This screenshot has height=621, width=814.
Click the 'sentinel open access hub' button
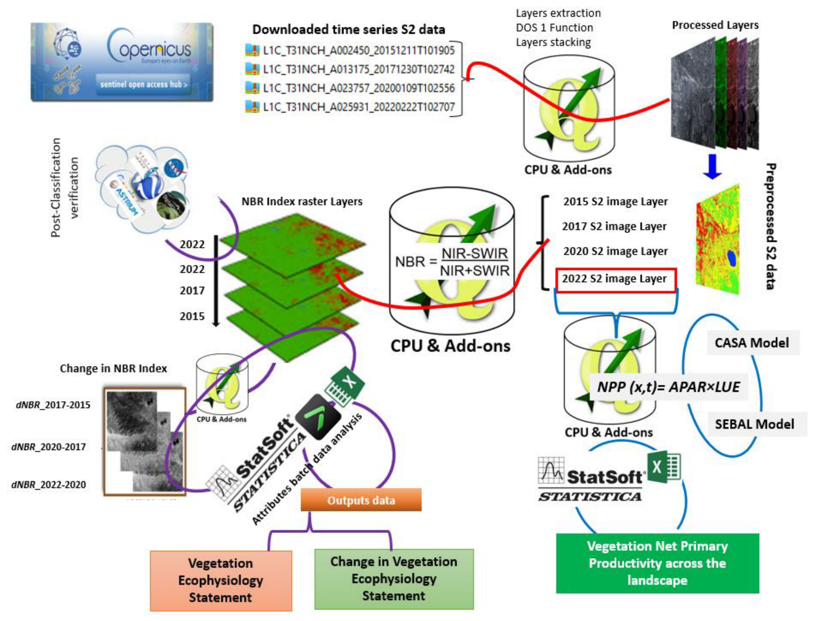coord(143,84)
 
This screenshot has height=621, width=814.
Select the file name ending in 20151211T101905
coord(358,50)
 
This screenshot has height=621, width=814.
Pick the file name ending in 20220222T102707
coord(358,107)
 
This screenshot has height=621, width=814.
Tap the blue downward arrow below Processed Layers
coord(712,167)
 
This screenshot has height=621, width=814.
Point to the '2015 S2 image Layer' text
coord(615,201)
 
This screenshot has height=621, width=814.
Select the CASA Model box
coord(752,343)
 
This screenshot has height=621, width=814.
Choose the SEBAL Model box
coord(754,424)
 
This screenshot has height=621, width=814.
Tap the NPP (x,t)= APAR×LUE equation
coord(668,387)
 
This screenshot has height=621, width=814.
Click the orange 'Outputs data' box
coord(361,500)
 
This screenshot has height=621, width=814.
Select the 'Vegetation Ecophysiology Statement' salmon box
coord(221,580)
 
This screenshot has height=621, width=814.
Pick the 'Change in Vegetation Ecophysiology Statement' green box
coord(394,578)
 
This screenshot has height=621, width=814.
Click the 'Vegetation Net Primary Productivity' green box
coord(657,563)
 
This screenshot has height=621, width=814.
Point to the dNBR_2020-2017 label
coord(49,447)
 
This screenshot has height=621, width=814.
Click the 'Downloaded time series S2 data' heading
coord(349,30)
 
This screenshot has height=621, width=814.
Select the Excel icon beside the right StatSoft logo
coord(664,467)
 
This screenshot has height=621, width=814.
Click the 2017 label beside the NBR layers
coord(192,290)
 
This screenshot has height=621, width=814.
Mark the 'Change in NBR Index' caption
coord(113,369)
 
